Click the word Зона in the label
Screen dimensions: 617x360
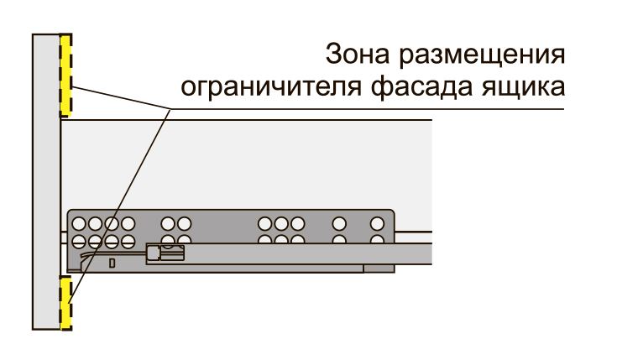point(358,54)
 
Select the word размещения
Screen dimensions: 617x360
point(482,55)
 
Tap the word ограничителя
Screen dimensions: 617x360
point(270,87)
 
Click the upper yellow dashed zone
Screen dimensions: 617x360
point(65,75)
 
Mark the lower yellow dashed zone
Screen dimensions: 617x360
point(65,303)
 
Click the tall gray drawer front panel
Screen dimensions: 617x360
point(46,182)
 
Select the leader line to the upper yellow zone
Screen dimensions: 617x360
point(121,97)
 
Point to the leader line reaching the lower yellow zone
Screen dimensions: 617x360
point(119,206)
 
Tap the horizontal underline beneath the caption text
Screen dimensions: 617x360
point(368,109)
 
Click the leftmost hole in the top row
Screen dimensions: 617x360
point(79,224)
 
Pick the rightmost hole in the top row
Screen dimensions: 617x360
point(378,224)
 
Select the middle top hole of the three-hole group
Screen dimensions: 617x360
point(281,224)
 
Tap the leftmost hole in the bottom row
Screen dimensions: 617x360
point(79,241)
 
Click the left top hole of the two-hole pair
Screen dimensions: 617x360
point(168,224)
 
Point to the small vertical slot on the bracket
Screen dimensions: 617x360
point(112,263)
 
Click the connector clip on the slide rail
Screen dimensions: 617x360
point(165,253)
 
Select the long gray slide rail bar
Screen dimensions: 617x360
point(290,253)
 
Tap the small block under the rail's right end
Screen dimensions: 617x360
point(379,269)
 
